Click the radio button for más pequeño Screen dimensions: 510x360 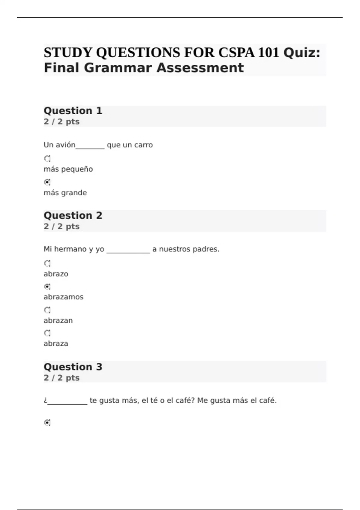[x=47, y=158]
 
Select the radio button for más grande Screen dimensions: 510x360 [x=47, y=182]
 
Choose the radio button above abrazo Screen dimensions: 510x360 [x=47, y=263]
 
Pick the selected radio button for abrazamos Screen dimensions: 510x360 [x=47, y=287]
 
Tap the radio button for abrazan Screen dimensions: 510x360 [x=47, y=310]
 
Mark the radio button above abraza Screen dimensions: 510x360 [x=47, y=333]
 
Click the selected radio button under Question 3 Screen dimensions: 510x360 [x=47, y=423]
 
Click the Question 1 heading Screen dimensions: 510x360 [x=73, y=111]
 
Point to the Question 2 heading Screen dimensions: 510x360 [x=73, y=215]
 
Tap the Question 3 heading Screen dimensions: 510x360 [x=73, y=367]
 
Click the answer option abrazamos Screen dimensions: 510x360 [x=64, y=297]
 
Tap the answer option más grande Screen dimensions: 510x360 [x=65, y=193]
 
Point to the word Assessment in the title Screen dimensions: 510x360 [x=200, y=68]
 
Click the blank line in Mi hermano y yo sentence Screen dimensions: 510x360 [x=128, y=251]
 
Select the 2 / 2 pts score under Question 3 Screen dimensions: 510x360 [x=61, y=378]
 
